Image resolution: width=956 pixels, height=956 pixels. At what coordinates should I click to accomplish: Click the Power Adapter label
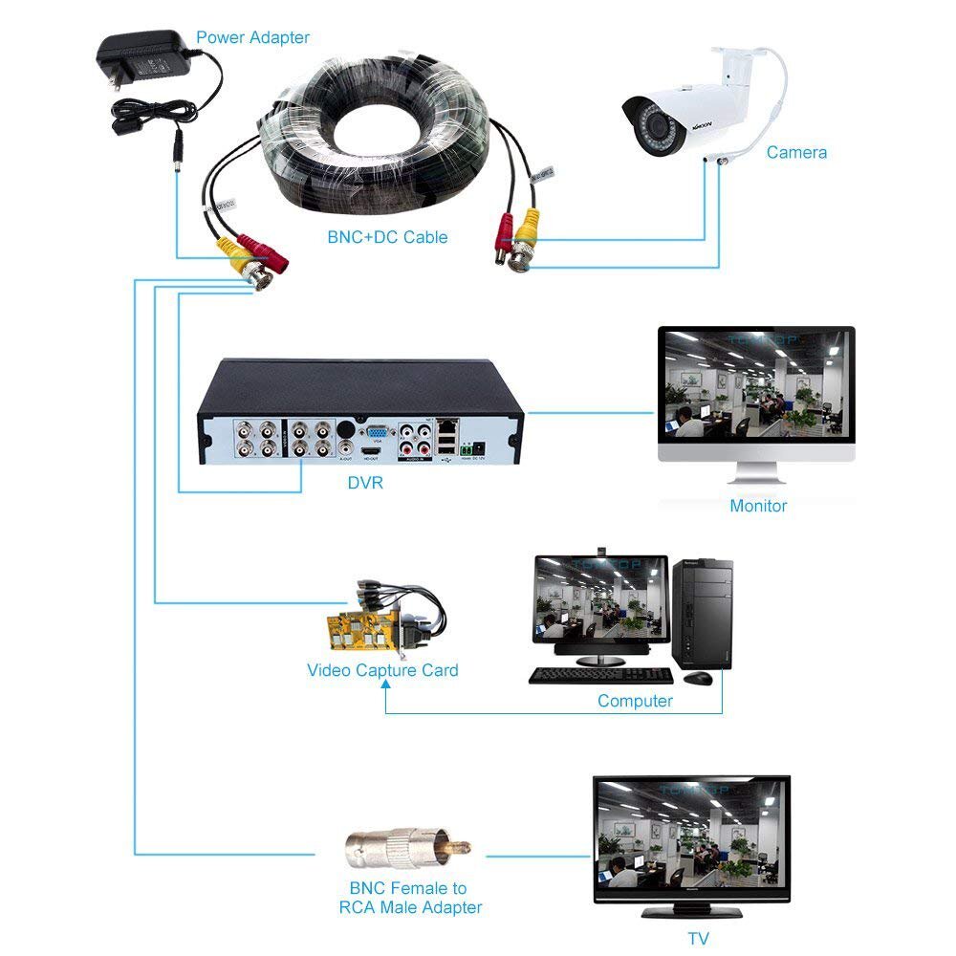[252, 37]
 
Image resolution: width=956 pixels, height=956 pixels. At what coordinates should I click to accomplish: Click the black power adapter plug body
[143, 62]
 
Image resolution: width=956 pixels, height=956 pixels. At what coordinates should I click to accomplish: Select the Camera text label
[796, 152]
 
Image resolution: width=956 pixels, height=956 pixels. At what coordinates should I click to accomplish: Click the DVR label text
[365, 483]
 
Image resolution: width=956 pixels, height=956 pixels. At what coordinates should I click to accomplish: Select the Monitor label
[758, 506]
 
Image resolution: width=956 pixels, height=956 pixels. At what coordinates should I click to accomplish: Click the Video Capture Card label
[382, 670]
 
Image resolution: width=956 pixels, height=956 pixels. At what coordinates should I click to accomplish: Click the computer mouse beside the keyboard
[698, 677]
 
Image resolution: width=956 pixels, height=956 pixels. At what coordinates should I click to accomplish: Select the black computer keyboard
[600, 675]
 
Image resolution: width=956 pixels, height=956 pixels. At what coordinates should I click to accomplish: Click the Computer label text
[635, 701]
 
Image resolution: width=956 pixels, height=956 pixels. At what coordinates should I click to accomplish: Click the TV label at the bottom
[700, 938]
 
